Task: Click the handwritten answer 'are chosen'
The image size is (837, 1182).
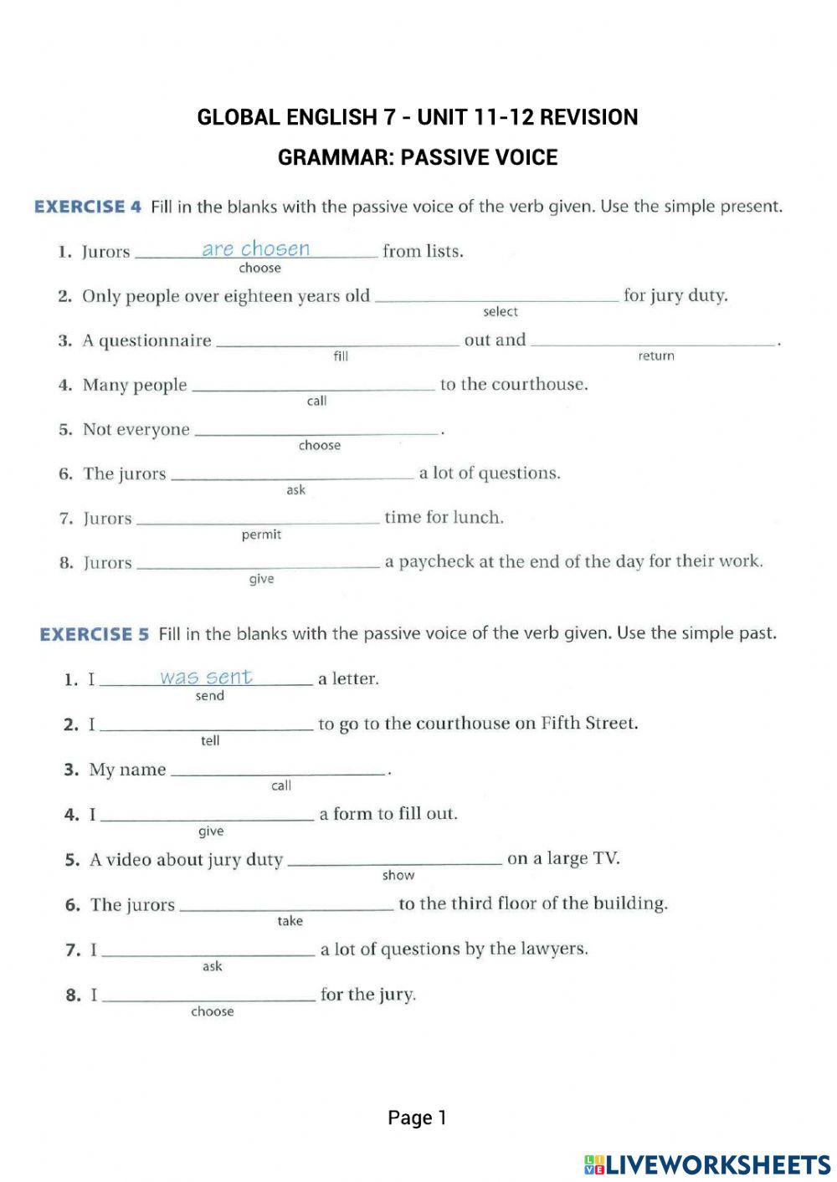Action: tap(255, 248)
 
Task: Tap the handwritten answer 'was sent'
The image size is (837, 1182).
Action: tap(206, 677)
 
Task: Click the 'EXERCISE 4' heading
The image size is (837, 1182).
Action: tap(88, 207)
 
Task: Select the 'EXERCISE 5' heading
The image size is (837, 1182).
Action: tap(94, 634)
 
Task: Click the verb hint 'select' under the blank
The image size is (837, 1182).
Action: tap(501, 312)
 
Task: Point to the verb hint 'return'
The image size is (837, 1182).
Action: tap(655, 356)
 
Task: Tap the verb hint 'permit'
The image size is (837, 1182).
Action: tap(261, 535)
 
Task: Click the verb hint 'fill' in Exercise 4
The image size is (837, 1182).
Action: tap(341, 356)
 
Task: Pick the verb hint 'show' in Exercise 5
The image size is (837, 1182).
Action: tap(398, 876)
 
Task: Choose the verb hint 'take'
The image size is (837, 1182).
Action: tap(290, 921)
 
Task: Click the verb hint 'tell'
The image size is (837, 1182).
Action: tap(210, 740)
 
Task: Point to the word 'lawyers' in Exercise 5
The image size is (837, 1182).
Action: tap(552, 949)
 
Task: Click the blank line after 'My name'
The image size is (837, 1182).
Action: tap(278, 773)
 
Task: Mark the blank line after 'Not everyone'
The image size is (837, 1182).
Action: tap(316, 432)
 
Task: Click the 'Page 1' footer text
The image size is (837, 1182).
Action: tap(417, 1118)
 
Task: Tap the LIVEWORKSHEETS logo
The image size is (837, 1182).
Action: tap(707, 1164)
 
